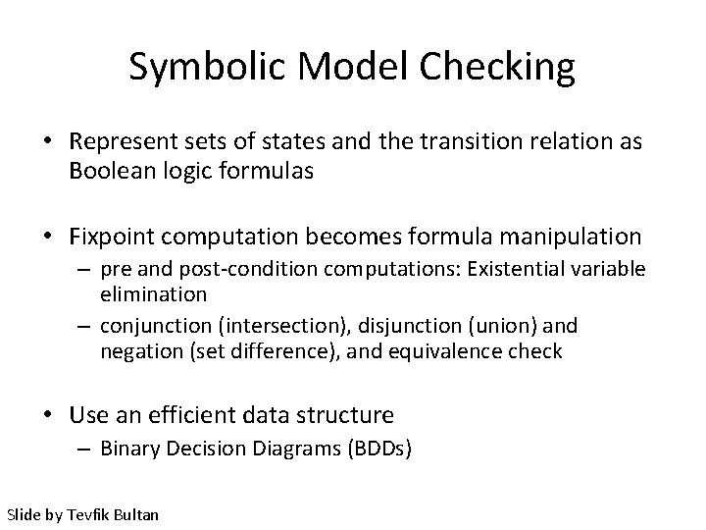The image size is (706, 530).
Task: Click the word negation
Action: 139,349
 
